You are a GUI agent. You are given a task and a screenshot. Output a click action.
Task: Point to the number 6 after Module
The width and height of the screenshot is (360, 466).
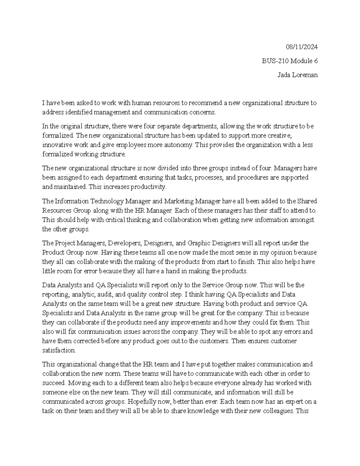[316, 61]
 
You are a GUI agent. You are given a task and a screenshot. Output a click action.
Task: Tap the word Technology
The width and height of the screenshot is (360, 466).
[107, 201]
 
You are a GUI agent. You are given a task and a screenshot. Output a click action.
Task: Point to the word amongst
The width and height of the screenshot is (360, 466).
[302, 219]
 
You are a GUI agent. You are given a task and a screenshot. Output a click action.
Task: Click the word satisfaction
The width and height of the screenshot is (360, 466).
[59, 350]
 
